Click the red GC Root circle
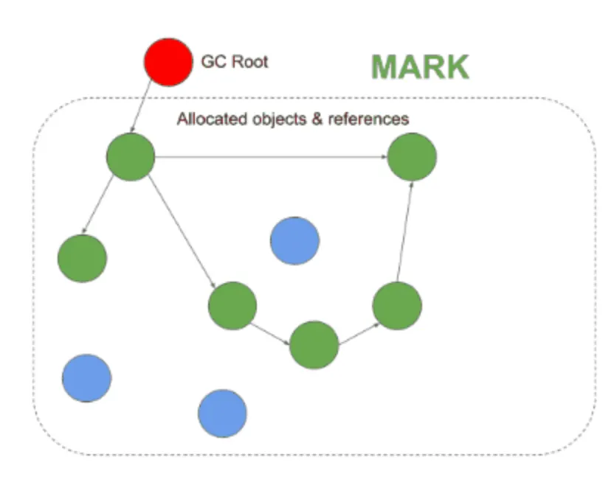click(x=168, y=63)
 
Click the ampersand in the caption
click(x=314, y=119)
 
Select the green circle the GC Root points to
click(x=131, y=156)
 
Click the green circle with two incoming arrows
click(x=412, y=157)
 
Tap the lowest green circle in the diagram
click(x=314, y=344)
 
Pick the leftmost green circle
click(x=82, y=258)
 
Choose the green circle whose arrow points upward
click(x=397, y=305)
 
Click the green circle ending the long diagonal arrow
click(x=232, y=305)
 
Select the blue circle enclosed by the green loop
click(x=294, y=240)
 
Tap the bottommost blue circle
click(x=222, y=413)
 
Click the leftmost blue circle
click(x=86, y=377)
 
